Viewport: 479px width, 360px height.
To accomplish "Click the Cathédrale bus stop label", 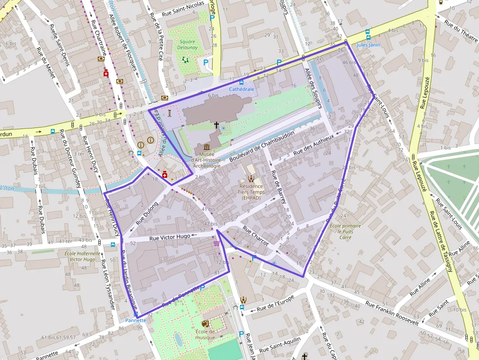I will point(241,89).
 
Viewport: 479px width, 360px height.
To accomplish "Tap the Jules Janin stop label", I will point(368,45).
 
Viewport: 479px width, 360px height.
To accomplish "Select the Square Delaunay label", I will point(187,45).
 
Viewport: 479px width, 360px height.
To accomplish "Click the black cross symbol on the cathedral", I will point(216,125).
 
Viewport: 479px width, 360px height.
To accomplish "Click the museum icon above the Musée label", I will point(206,148).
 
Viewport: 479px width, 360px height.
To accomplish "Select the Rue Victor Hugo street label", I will point(170,237).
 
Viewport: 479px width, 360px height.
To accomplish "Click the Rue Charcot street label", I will point(256,236).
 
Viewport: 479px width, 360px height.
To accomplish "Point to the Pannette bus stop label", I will point(135,320).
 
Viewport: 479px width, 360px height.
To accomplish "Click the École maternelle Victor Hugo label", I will point(82,256).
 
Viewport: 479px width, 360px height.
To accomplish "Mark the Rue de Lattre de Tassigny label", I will point(440,245).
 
